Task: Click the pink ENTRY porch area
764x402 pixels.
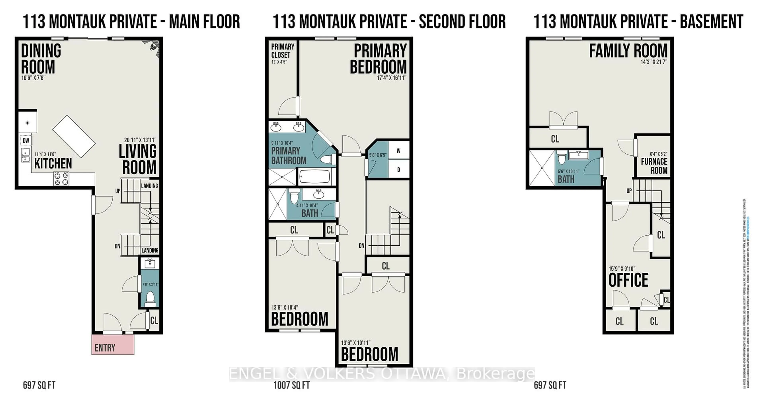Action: [113, 345]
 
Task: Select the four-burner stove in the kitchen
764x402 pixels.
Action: [61, 179]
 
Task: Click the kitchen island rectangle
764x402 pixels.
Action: [74, 136]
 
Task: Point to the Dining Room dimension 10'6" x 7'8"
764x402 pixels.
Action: [33, 78]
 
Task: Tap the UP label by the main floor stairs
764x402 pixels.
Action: [118, 191]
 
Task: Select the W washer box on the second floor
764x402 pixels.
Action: [398, 151]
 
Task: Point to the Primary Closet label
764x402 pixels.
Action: [282, 51]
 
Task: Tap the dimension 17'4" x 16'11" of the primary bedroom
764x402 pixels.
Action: [391, 78]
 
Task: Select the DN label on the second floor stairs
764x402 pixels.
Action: [361, 246]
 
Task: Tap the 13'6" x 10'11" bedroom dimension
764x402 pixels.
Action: [356, 343]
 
